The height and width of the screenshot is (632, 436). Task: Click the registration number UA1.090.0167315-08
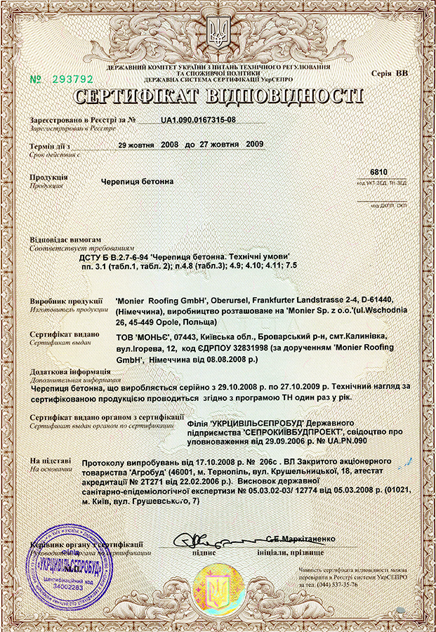pyautogui.click(x=198, y=120)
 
